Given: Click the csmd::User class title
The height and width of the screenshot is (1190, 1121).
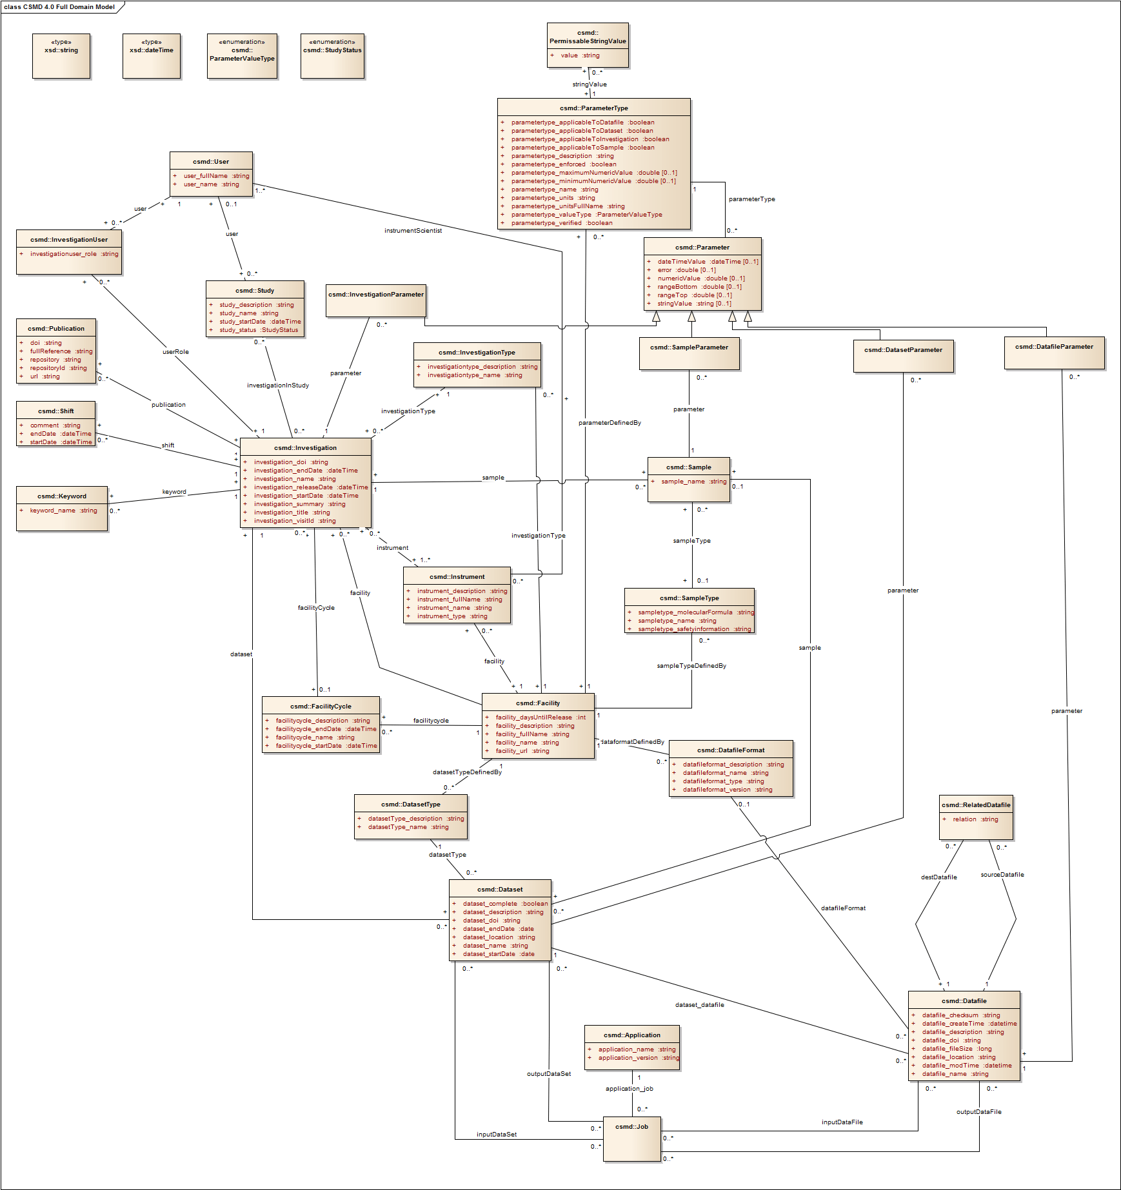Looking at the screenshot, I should tap(211, 162).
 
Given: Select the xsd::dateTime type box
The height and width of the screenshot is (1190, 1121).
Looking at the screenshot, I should tap(152, 55).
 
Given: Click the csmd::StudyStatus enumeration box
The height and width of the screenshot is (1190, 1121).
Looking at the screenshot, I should tap(332, 55).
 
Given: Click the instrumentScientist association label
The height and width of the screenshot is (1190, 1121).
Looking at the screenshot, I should tap(413, 231).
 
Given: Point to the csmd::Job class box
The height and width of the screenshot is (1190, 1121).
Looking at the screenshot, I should tap(631, 1139).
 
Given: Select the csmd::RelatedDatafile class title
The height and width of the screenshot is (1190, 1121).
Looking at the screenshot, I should tap(976, 805).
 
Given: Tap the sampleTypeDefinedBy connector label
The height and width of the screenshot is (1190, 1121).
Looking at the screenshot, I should tap(691, 666).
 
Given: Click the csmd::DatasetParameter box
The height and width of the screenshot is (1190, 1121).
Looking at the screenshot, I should tap(903, 356).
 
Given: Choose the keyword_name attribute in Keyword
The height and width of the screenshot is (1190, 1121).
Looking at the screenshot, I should tap(63, 511).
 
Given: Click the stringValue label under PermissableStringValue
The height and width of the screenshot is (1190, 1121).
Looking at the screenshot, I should tap(590, 84).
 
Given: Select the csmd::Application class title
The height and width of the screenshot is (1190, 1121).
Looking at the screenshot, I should tap(631, 1035).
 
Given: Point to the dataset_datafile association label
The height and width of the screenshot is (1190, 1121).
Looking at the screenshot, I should tap(699, 1005).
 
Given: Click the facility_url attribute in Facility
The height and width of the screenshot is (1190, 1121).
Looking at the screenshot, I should tap(522, 751).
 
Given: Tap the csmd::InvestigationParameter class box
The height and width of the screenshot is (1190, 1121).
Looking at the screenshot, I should tap(375, 300).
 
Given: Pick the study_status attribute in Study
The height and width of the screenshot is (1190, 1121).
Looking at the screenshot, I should tap(258, 330).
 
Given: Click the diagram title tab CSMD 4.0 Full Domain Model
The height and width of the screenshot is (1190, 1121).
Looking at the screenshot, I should tap(59, 7).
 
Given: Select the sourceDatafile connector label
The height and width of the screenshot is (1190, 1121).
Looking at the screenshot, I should tap(1002, 875).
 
